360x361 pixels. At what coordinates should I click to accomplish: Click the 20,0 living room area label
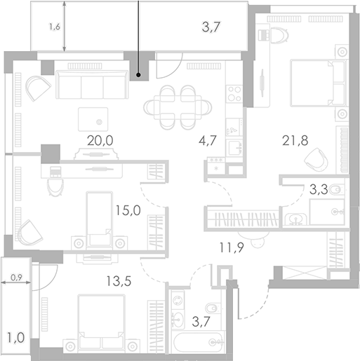[99, 140]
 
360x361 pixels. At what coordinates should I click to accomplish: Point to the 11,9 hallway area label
[233, 245]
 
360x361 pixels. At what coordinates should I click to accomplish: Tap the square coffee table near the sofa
[93, 117]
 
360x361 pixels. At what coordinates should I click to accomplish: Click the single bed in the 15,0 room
[98, 216]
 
